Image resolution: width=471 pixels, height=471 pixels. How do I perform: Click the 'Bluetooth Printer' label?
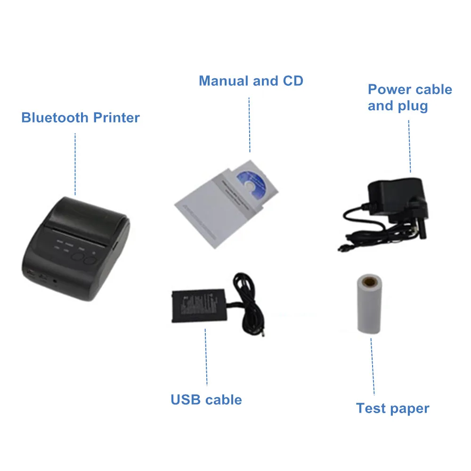(81, 117)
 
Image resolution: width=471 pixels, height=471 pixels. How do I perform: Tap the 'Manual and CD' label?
(251, 81)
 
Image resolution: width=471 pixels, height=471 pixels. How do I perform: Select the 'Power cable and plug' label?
(409, 97)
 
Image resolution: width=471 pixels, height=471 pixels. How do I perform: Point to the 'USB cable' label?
(206, 400)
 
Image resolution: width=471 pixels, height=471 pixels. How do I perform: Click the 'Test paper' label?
(392, 408)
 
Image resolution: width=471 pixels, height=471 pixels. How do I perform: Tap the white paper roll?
(368, 306)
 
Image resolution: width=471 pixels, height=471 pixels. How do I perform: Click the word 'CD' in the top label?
(292, 81)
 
